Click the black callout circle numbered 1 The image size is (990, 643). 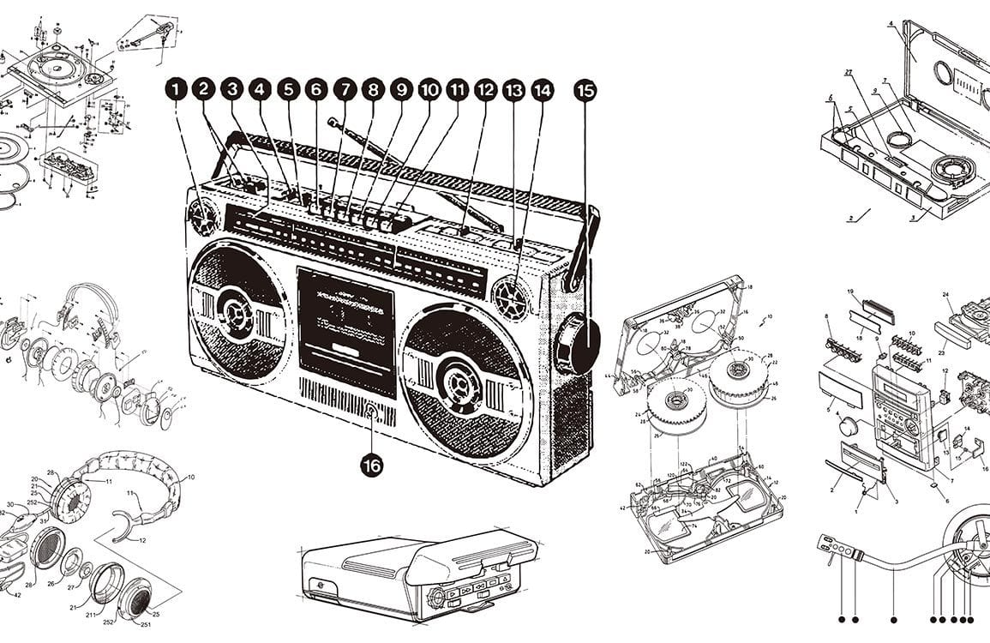tap(176, 88)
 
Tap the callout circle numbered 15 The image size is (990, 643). tap(585, 90)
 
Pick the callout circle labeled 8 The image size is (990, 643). tap(372, 88)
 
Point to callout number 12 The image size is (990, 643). tap(485, 88)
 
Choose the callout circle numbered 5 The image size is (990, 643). tap(288, 88)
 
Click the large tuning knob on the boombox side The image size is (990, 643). tap(579, 344)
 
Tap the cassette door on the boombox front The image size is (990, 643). tap(345, 329)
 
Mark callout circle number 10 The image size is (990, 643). tap(429, 88)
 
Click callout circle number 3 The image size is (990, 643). tap(231, 88)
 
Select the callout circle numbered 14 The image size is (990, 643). tap(542, 88)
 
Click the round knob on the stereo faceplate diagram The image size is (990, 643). tap(850, 427)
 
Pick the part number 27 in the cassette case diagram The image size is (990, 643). tap(848, 73)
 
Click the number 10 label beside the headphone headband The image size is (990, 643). tap(190, 477)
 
